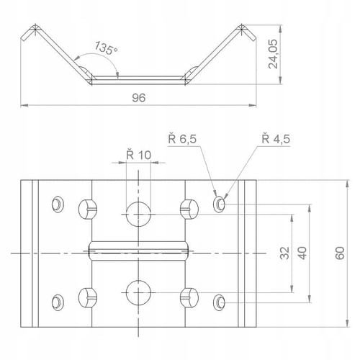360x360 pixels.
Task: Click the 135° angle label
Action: (x=106, y=48)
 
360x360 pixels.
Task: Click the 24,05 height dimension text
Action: (x=273, y=54)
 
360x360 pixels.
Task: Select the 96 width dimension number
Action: (x=139, y=98)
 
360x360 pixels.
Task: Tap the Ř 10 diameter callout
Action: (x=139, y=155)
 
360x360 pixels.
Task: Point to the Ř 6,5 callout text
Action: (x=182, y=139)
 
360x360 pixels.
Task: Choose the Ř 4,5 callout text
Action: (x=276, y=139)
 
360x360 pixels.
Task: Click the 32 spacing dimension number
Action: (x=285, y=253)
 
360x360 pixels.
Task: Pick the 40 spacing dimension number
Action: (x=302, y=253)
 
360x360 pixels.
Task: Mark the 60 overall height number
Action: (x=340, y=253)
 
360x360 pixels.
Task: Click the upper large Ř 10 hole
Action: (x=138, y=215)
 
